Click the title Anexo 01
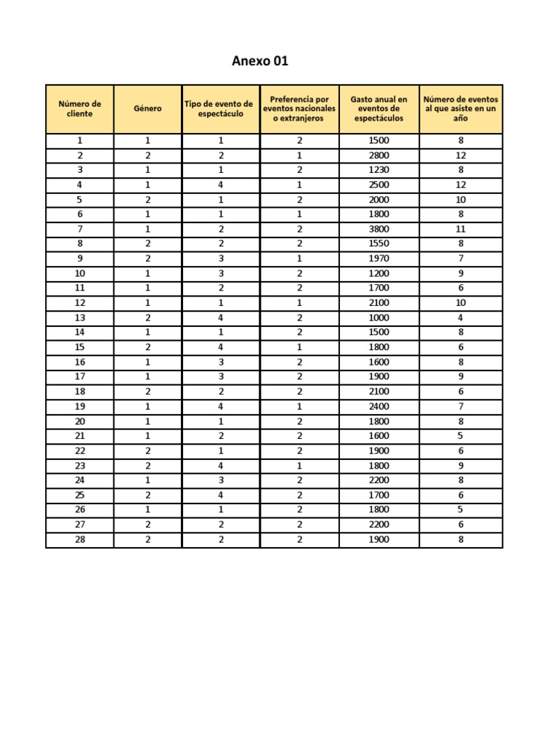click(x=260, y=61)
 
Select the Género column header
click(x=147, y=109)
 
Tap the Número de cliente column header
click(x=80, y=109)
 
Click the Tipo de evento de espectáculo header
click(x=220, y=109)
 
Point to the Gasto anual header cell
click(x=379, y=109)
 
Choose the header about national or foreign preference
click(x=299, y=109)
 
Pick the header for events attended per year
click(x=461, y=109)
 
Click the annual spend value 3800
click(x=379, y=229)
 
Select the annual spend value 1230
click(x=379, y=170)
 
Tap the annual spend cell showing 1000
click(x=379, y=318)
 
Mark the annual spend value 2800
click(x=379, y=155)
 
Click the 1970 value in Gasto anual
click(x=379, y=259)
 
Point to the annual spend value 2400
click(x=379, y=406)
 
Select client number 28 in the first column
click(x=80, y=539)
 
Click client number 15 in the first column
click(x=80, y=347)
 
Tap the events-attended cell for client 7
click(x=461, y=229)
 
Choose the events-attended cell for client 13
click(x=461, y=318)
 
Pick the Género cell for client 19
click(x=147, y=406)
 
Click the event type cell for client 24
click(x=220, y=480)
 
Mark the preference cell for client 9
click(x=299, y=259)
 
